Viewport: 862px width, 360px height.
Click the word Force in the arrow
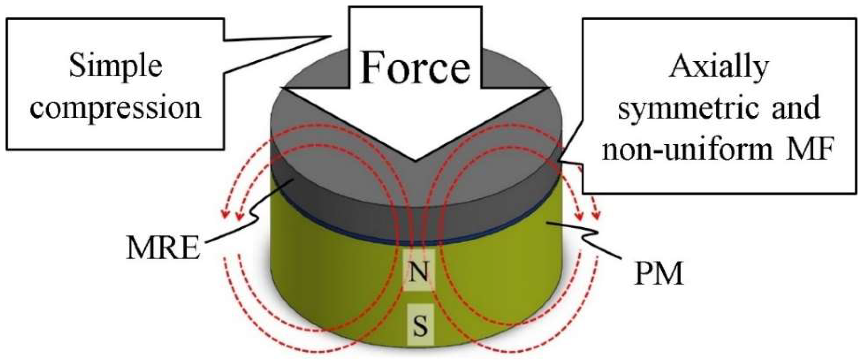coord(415,68)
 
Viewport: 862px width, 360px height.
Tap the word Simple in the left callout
coord(115,67)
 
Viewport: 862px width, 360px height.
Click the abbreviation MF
coord(815,150)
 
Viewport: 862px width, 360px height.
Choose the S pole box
coord(420,324)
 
